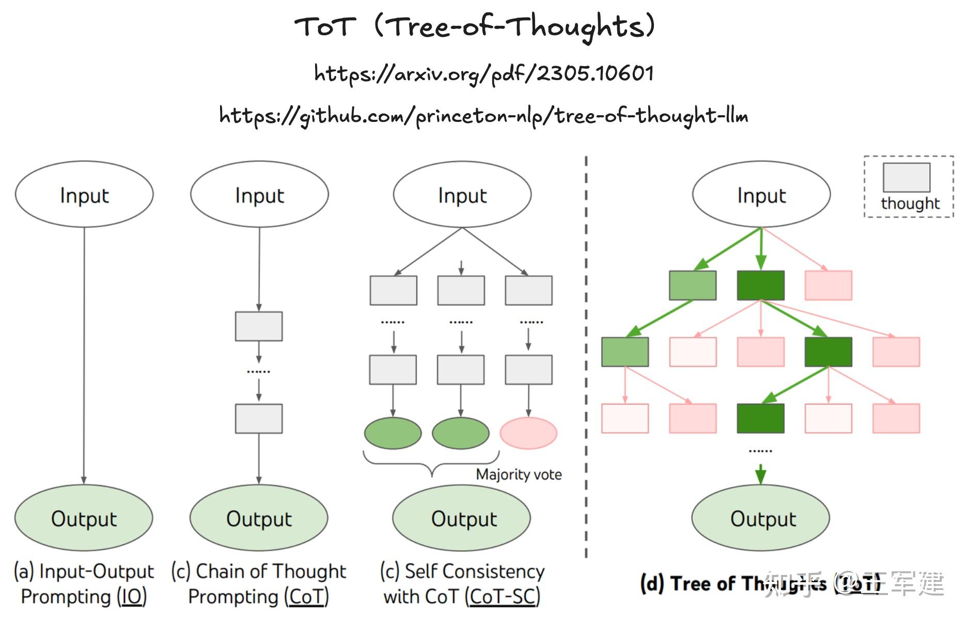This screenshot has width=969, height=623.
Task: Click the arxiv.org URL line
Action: pos(484,73)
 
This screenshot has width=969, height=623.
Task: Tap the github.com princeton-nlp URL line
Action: pos(484,115)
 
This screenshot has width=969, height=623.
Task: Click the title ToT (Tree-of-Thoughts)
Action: pos(475,26)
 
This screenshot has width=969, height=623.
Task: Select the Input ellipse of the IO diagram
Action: pos(84,195)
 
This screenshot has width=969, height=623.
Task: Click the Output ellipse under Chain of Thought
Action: pos(259,518)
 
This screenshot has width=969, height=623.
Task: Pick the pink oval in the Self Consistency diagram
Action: pos(528,433)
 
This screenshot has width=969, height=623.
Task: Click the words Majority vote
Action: pos(519,474)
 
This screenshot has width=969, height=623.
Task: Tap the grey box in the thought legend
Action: pos(906,177)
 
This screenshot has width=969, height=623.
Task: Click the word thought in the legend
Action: pos(910,204)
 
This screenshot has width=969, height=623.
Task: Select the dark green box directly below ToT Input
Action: pos(760,285)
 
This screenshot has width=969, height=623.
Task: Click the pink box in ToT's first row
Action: pos(829,285)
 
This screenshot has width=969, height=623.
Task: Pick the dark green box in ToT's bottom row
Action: pos(760,418)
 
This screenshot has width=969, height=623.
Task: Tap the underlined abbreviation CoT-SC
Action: pos(503,597)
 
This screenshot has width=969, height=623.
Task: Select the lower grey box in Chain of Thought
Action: pos(259,418)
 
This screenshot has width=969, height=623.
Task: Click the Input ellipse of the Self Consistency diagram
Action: pos(462,195)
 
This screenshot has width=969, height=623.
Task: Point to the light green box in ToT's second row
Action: pos(625,352)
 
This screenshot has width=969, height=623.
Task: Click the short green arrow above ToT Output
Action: pos(760,474)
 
